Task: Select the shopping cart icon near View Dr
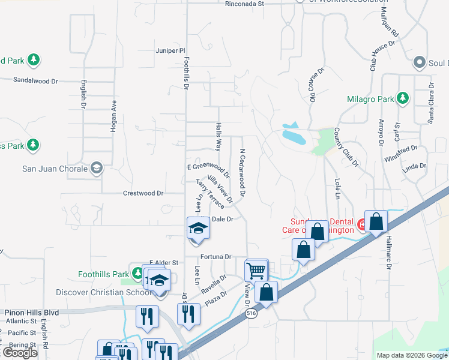pyautogui.click(x=256, y=271)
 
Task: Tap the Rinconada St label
pyautogui.click(x=245, y=4)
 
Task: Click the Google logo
pyautogui.click(x=20, y=353)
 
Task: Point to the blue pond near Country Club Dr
pyautogui.click(x=294, y=136)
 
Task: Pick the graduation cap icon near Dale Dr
pyautogui.click(x=197, y=228)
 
